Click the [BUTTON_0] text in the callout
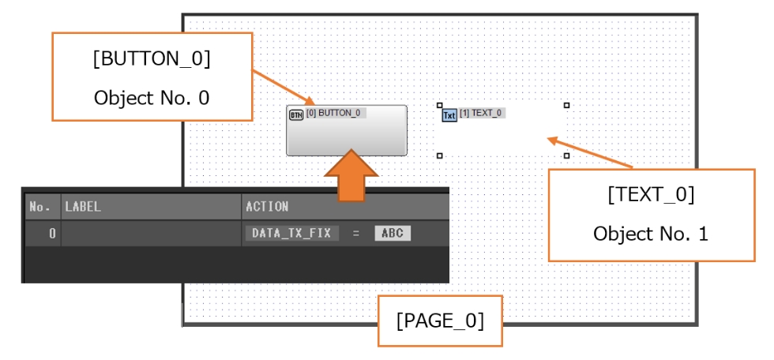click(x=152, y=62)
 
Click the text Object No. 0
click(x=152, y=98)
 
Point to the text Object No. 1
click(x=651, y=234)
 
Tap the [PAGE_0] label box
click(x=440, y=321)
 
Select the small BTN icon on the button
click(x=296, y=114)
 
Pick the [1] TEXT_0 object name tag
click(x=481, y=113)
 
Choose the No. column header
click(x=39, y=208)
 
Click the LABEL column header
click(x=84, y=208)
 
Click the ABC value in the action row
click(x=393, y=234)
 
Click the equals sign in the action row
click(x=356, y=234)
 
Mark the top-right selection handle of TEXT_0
click(x=566, y=105)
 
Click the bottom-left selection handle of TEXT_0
click(x=439, y=156)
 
